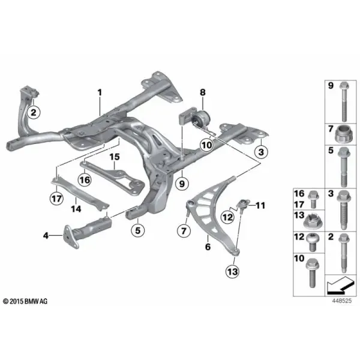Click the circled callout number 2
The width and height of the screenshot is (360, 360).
[x=34, y=113]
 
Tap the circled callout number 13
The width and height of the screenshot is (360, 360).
[x=232, y=272]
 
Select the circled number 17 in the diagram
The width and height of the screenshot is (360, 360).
[x=57, y=198]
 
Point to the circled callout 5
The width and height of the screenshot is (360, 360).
[x=137, y=230]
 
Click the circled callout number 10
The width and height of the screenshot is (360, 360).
[x=206, y=145]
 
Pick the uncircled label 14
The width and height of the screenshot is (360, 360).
[x=76, y=209]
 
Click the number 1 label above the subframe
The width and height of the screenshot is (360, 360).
[x=100, y=92]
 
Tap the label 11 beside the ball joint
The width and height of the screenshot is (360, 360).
[x=260, y=205]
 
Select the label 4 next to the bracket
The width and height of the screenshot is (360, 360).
[x=46, y=235]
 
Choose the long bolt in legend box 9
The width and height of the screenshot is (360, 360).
[x=344, y=101]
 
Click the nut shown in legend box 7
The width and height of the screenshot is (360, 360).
[x=343, y=134]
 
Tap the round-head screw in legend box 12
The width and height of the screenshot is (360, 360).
[x=313, y=242]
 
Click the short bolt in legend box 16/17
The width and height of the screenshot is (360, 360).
[x=313, y=199]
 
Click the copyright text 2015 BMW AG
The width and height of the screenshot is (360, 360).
[x=25, y=301]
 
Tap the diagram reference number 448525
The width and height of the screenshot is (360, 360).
[x=342, y=301]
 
